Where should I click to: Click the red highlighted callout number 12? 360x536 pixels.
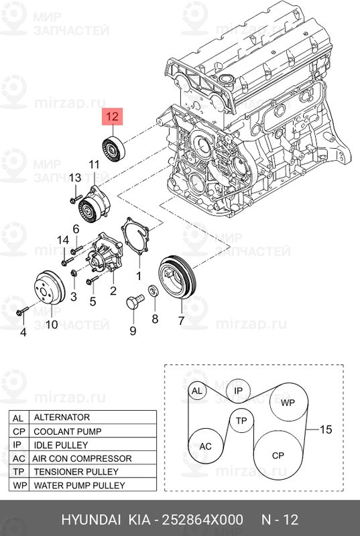[x=112, y=117]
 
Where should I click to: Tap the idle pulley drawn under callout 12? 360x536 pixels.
[x=114, y=149]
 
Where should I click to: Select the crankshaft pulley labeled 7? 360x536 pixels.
[x=177, y=277]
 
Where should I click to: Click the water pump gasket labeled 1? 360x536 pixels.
[x=135, y=237]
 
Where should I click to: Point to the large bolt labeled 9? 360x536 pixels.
[x=135, y=301]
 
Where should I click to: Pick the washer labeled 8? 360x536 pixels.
[x=153, y=291]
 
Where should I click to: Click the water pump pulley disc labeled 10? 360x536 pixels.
[x=50, y=287]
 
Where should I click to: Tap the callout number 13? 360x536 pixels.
[x=75, y=178]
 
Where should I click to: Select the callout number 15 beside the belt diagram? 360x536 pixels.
[x=325, y=429]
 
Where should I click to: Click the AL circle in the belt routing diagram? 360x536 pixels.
[x=197, y=391]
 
